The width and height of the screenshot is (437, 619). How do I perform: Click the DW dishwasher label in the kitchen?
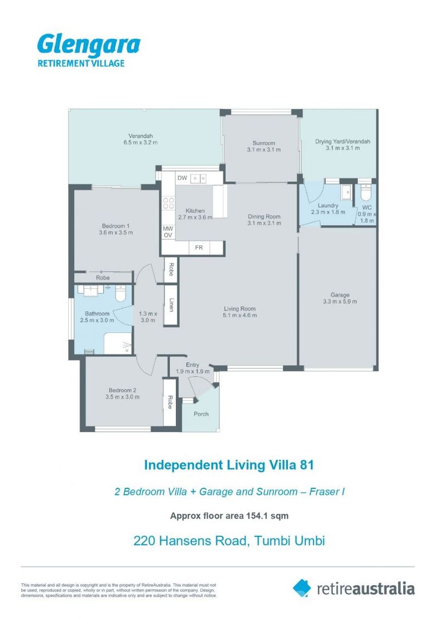pos(182,178)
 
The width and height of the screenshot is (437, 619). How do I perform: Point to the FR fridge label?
pos(199,248)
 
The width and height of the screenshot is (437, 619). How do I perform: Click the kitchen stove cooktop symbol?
pos(169,203)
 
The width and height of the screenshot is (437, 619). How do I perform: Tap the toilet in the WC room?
pos(366,190)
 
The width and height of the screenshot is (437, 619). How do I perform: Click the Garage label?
pos(340,295)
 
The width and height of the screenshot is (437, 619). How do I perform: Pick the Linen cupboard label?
pos(171,306)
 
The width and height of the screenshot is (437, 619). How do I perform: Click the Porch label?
pos(201,414)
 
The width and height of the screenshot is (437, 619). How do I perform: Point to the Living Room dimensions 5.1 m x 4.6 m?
pos(240,315)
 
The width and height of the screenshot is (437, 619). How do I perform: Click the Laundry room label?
pos(328,205)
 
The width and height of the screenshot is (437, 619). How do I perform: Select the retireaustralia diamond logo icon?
pos(301,587)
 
